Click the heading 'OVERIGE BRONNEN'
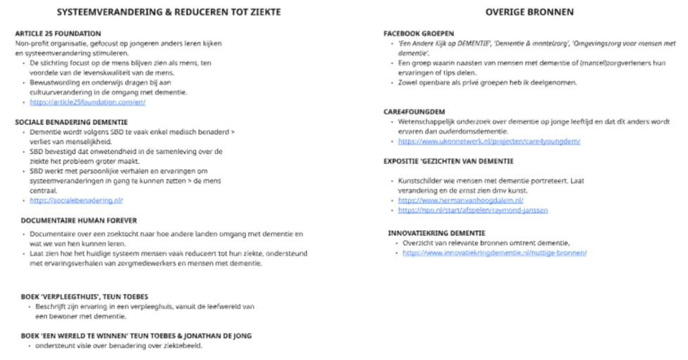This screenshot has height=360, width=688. [529, 12]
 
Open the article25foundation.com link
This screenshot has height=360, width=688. [87, 102]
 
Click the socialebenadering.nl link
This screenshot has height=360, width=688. [77, 200]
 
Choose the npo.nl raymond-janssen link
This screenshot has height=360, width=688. [462, 210]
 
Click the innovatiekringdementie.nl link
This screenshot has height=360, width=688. [494, 252]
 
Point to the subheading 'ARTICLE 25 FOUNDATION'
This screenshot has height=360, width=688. [58, 33]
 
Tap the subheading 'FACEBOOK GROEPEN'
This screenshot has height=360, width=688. [418, 33]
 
